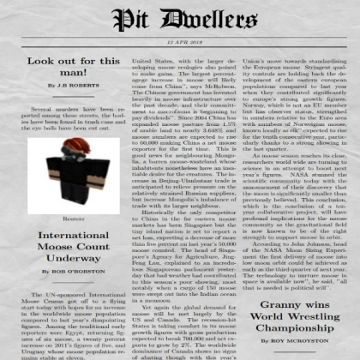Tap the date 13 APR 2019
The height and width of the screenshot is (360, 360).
[x=180, y=42]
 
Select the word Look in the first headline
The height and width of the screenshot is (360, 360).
[x=27, y=61]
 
